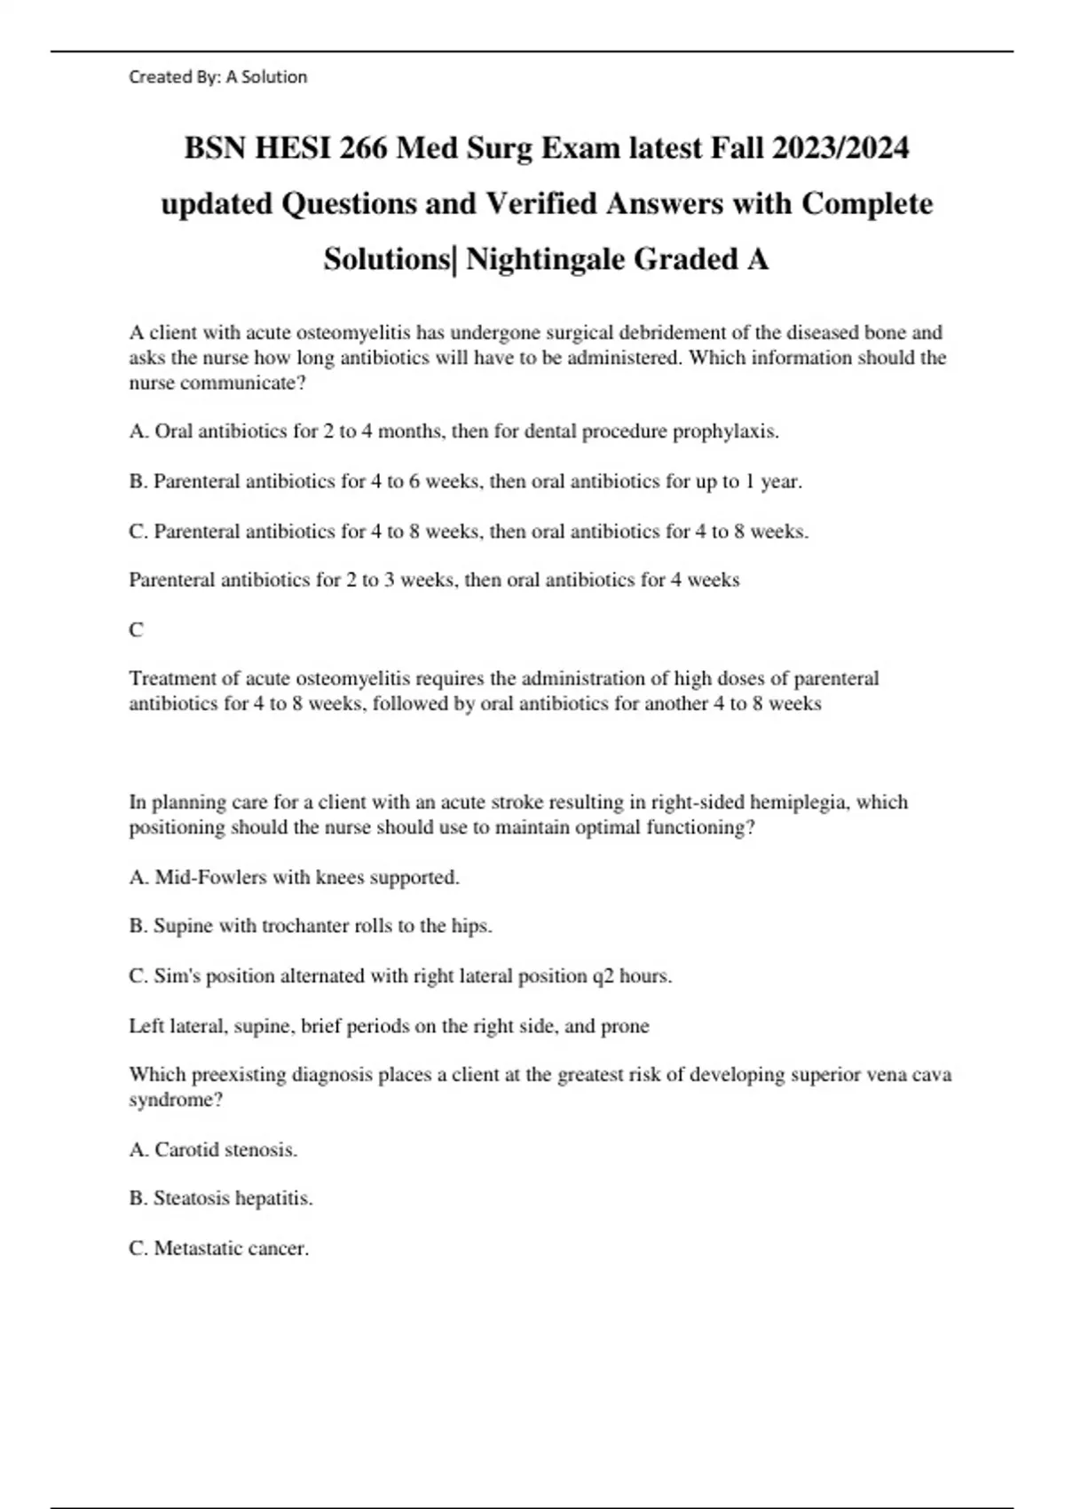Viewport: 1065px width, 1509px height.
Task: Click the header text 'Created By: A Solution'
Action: click(x=217, y=77)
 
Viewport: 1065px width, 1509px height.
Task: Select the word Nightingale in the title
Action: click(x=544, y=259)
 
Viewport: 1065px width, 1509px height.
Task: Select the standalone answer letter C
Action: click(x=136, y=630)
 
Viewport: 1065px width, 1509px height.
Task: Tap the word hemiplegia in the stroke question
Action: click(x=800, y=802)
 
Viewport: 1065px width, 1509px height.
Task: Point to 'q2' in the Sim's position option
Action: click(x=603, y=976)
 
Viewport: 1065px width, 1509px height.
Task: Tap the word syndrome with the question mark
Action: click(x=174, y=1100)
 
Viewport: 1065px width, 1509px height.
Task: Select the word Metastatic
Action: click(x=198, y=1248)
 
